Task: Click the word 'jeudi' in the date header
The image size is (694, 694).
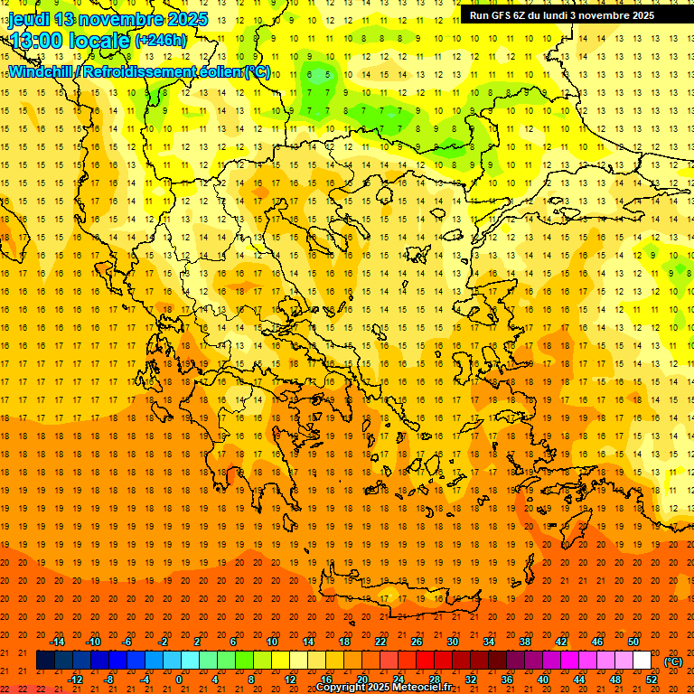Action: (28, 19)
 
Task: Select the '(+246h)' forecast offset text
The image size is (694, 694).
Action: (161, 40)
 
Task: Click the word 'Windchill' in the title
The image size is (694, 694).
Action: (41, 70)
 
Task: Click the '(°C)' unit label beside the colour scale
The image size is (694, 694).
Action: (673, 661)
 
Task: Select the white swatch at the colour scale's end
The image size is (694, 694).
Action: (642, 661)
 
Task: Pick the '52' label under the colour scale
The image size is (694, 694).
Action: (652, 679)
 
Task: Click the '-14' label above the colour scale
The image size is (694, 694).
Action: (58, 642)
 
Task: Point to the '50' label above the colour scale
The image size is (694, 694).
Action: (633, 642)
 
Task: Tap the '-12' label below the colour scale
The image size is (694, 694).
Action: (75, 679)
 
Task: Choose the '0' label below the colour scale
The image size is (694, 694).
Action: (179, 679)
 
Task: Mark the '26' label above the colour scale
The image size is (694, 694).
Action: (417, 642)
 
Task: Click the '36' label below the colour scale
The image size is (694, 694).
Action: (507, 679)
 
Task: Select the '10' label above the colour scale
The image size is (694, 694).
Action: (271, 642)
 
